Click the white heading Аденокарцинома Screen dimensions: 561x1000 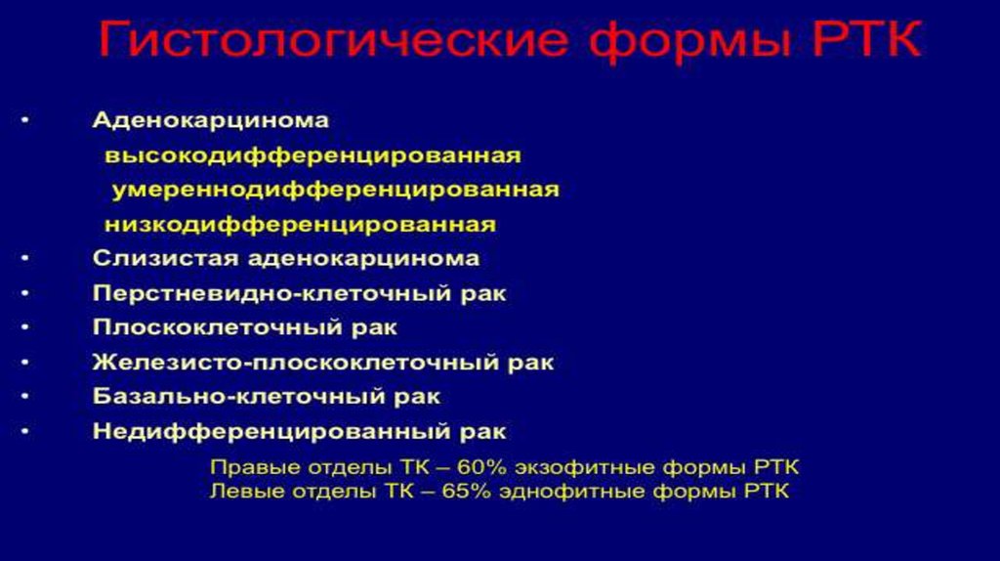click(x=211, y=121)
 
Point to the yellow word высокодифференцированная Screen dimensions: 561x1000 click(x=312, y=155)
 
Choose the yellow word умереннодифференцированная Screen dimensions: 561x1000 click(x=335, y=190)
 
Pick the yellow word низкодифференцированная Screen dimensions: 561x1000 click(x=300, y=225)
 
